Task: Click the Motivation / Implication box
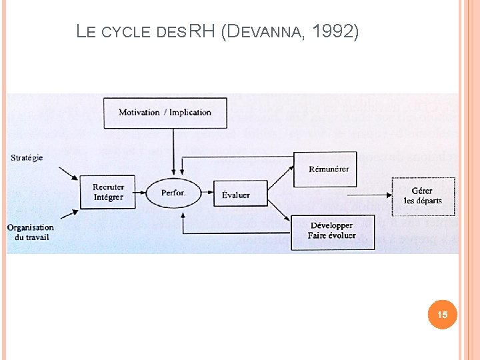coord(165,112)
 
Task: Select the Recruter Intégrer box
coord(108,193)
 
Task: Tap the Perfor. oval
coord(173,193)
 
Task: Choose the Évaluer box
coord(236,194)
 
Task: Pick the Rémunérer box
coord(329,169)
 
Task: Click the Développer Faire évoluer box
coord(331,231)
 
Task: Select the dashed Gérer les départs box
coord(423,196)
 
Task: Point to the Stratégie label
coord(27,158)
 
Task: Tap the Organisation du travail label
coord(31,232)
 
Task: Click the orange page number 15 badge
coord(443,314)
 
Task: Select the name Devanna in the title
coord(267,31)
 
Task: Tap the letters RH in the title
coord(201,31)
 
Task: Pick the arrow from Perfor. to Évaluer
coord(207,193)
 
